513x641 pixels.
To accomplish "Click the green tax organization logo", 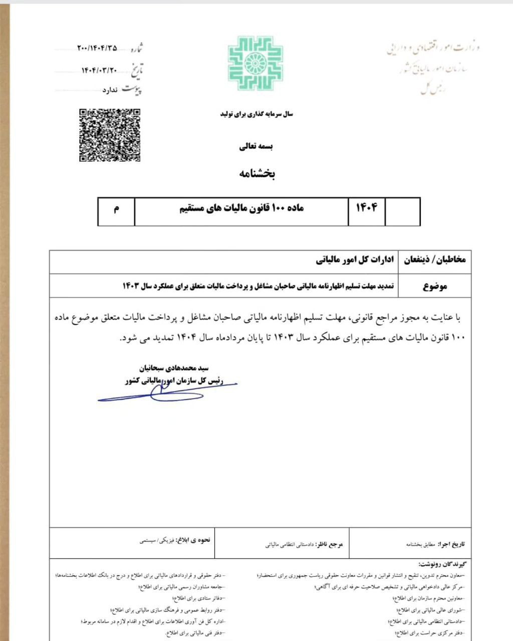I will pyautogui.click(x=255, y=63).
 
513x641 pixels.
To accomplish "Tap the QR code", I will pyautogui.click(x=110, y=135).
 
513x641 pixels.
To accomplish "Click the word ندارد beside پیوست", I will pyautogui.click(x=110, y=90).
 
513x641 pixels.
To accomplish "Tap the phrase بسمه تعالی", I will pyautogui.click(x=255, y=147).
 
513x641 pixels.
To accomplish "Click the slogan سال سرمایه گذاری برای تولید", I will pyautogui.click(x=256, y=114).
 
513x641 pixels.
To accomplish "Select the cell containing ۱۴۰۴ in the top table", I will pyautogui.click(x=366, y=207).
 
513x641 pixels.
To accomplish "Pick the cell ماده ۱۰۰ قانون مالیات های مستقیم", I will pyautogui.click(x=241, y=208).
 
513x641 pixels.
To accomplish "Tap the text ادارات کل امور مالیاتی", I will pyautogui.click(x=355, y=260).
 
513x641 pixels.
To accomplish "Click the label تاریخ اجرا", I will pyautogui.click(x=451, y=544).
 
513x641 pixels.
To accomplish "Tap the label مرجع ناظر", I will pyautogui.click(x=330, y=544).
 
